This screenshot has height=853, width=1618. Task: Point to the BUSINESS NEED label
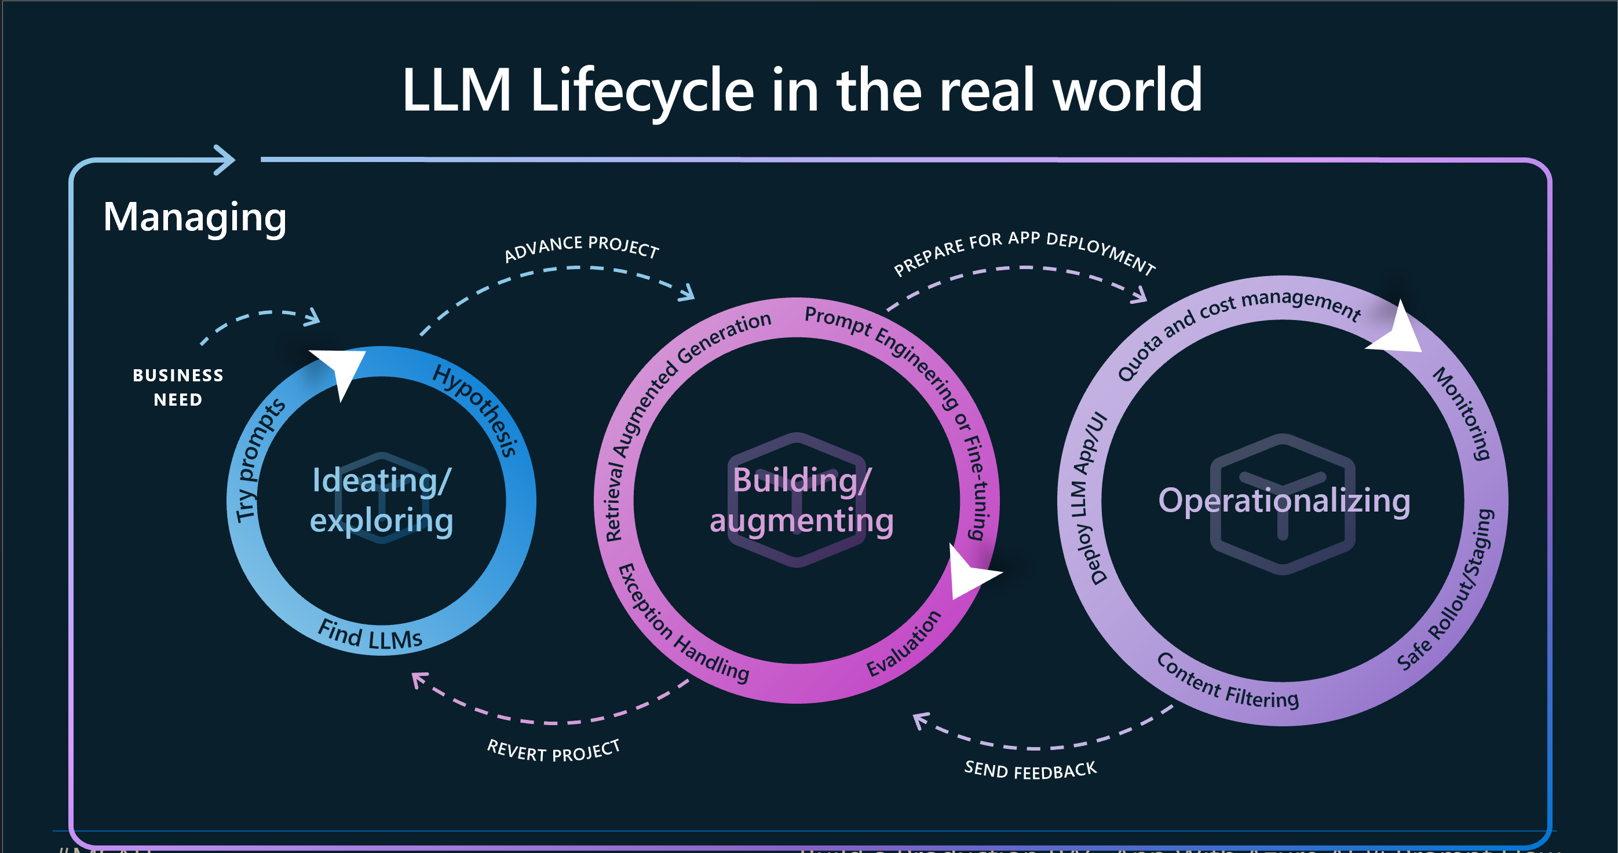point(178,387)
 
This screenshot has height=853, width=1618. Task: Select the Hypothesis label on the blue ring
point(477,409)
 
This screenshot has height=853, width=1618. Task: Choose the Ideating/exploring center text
point(381,500)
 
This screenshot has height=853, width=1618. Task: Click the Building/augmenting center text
point(801,500)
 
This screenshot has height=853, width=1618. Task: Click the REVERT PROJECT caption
point(553,751)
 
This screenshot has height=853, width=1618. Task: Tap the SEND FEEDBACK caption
point(1030,770)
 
